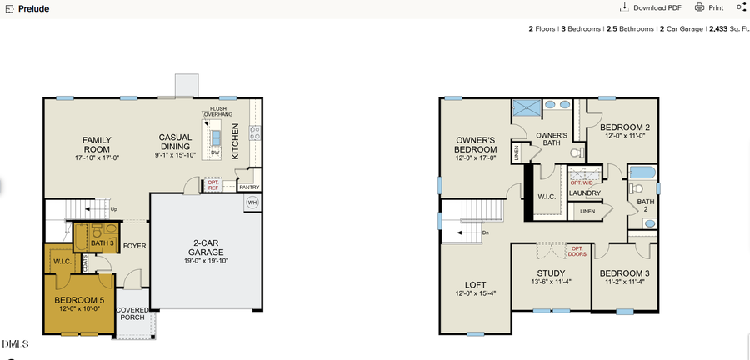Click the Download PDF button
(651, 7)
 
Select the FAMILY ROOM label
(97, 140)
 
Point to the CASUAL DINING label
(176, 142)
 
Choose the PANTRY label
(249, 187)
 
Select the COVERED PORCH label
(132, 314)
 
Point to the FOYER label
(135, 246)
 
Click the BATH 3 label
(102, 242)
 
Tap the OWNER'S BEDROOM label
(476, 144)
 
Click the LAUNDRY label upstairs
(585, 193)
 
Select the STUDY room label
(551, 273)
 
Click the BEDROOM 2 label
(625, 127)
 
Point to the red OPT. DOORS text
(577, 250)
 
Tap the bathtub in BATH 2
(643, 175)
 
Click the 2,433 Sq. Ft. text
(727, 28)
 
